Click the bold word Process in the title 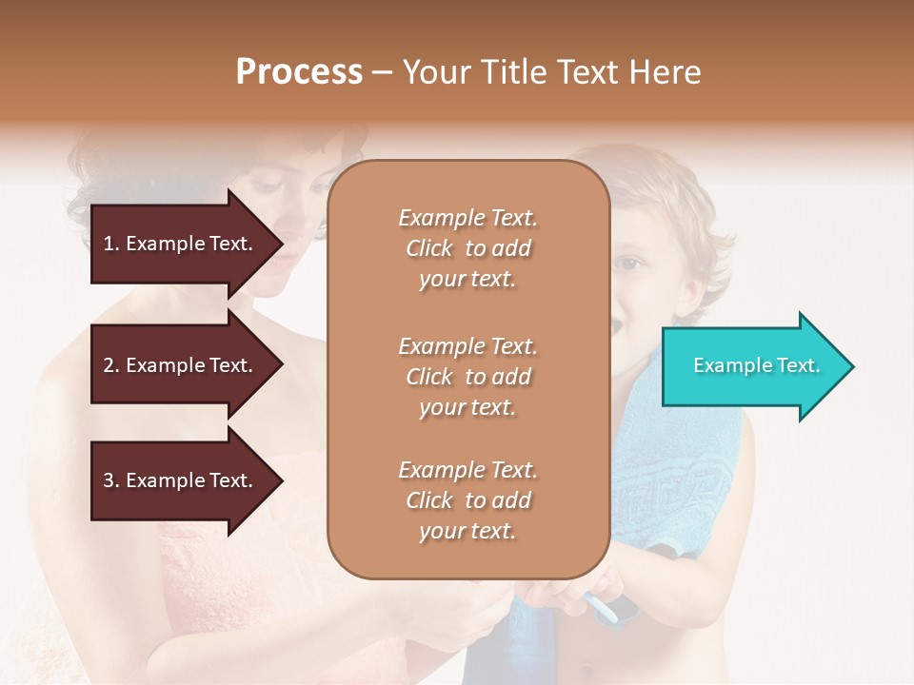click(x=299, y=72)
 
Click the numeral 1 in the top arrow click(x=109, y=244)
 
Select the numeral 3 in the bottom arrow click(x=109, y=480)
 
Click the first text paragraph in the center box click(x=467, y=248)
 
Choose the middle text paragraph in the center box click(x=467, y=377)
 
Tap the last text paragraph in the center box click(x=467, y=500)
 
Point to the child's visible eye click(x=627, y=264)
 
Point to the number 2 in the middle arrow click(x=109, y=365)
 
